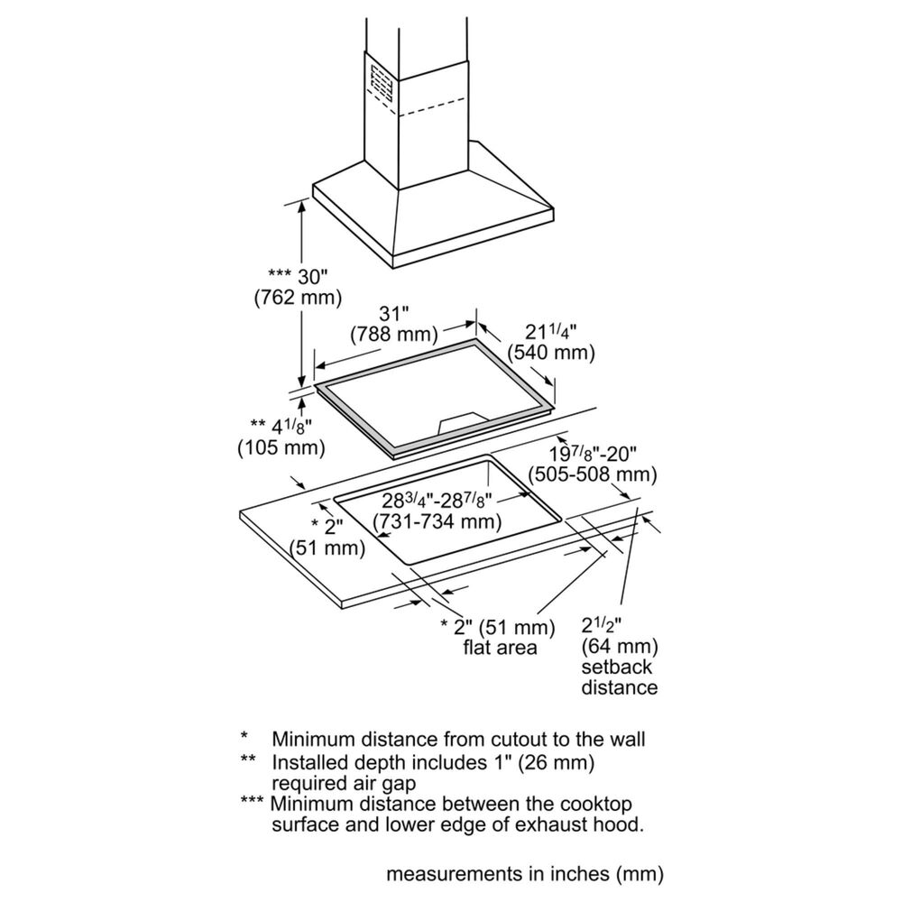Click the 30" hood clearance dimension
tap(311, 274)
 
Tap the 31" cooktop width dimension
tap(394, 313)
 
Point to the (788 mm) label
tap(394, 336)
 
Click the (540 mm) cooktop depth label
tap(550, 353)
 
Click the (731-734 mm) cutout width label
tap(438, 521)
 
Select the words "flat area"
tap(500, 647)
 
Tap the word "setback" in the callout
tap(617, 667)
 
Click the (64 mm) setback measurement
tap(621, 646)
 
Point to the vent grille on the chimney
tap(381, 86)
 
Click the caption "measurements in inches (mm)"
tap(525, 874)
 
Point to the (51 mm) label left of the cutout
tap(327, 547)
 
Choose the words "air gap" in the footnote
tap(374, 782)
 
